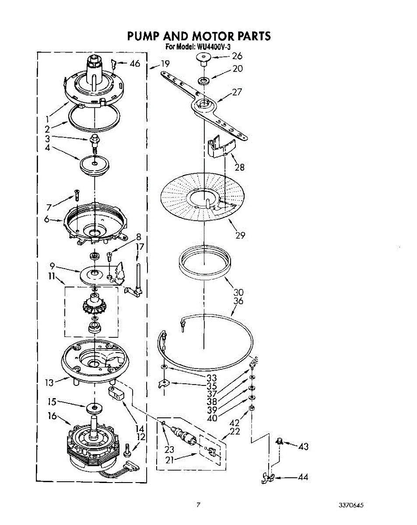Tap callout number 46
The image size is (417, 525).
click(x=135, y=64)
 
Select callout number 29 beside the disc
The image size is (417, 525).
click(x=240, y=235)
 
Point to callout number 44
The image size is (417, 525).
click(x=303, y=477)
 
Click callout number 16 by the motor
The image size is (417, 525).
click(x=52, y=416)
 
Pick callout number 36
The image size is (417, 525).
click(x=238, y=301)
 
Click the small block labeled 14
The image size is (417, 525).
click(x=116, y=392)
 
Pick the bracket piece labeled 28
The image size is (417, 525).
click(x=220, y=147)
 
